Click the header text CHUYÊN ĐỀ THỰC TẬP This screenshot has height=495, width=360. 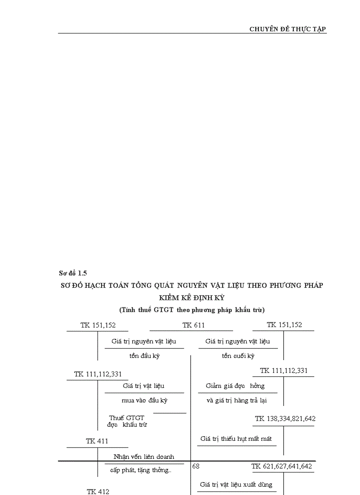tap(288, 29)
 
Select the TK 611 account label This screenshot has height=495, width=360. tap(193, 325)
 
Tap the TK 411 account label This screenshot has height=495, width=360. tap(97, 441)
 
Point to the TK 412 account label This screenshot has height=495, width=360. tap(97, 491)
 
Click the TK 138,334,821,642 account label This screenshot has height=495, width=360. tap(285, 419)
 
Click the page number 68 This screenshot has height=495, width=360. tap(196, 465)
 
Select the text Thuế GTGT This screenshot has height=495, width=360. tap(127, 417)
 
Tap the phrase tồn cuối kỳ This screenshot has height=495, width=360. tap(238, 356)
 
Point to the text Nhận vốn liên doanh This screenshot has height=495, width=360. tap(144, 457)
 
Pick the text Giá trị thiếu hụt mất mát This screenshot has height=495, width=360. tap(236, 439)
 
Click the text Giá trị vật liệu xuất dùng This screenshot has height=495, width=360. tap(236, 484)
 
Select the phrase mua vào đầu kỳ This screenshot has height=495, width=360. tap(144, 400)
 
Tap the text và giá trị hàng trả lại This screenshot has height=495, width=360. tap(236, 400)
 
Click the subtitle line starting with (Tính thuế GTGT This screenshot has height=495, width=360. tap(191, 309)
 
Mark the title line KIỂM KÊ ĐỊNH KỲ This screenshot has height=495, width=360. tap(191, 298)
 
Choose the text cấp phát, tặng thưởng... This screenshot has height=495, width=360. tap(141, 470)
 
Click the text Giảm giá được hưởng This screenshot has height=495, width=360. tap(235, 386)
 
